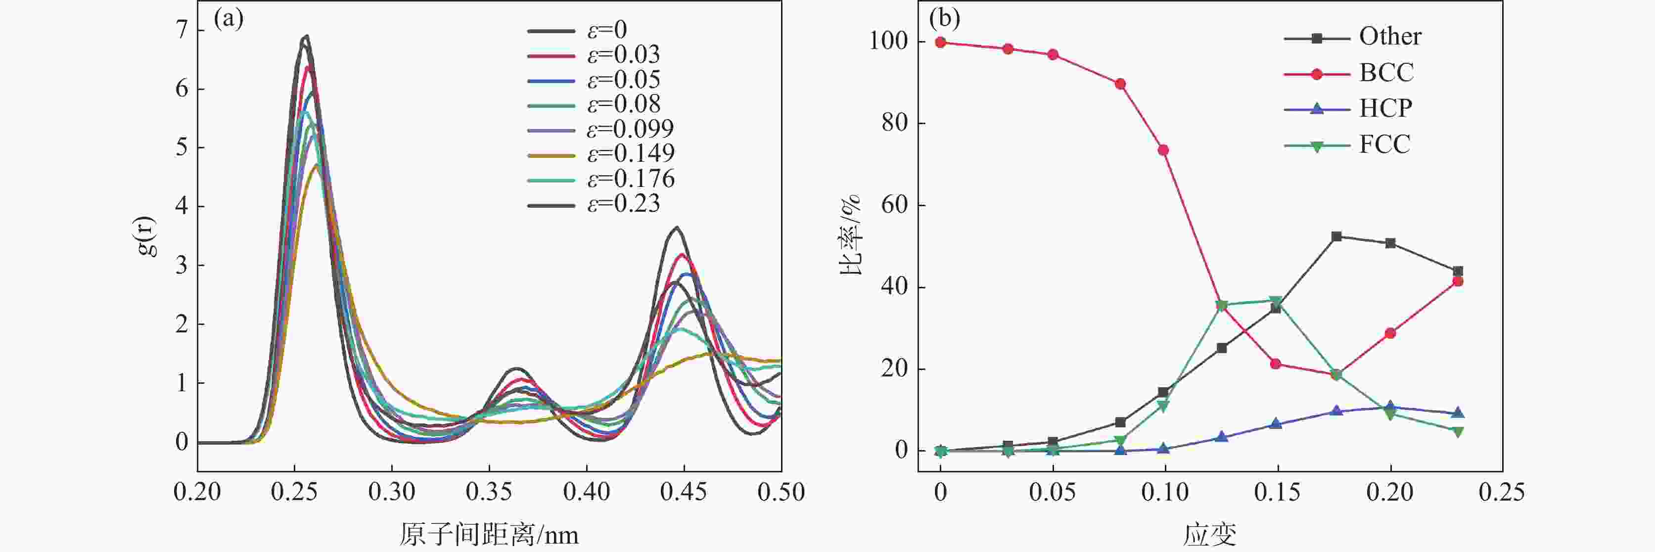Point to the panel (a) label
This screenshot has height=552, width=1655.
coord(229,19)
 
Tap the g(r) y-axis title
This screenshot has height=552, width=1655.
coord(146,236)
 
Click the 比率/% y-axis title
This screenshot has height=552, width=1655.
coord(850,236)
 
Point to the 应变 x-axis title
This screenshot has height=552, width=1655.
coord(1210,535)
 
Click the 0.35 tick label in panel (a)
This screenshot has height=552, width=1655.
coord(489,492)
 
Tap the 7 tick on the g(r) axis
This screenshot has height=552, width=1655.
coord(182,30)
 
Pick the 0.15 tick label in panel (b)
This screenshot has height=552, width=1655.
coord(1277,492)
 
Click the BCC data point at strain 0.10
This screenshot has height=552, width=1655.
coord(1163,150)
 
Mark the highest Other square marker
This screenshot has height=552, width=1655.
coord(1336,236)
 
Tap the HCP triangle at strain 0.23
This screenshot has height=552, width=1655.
coord(1458,413)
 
